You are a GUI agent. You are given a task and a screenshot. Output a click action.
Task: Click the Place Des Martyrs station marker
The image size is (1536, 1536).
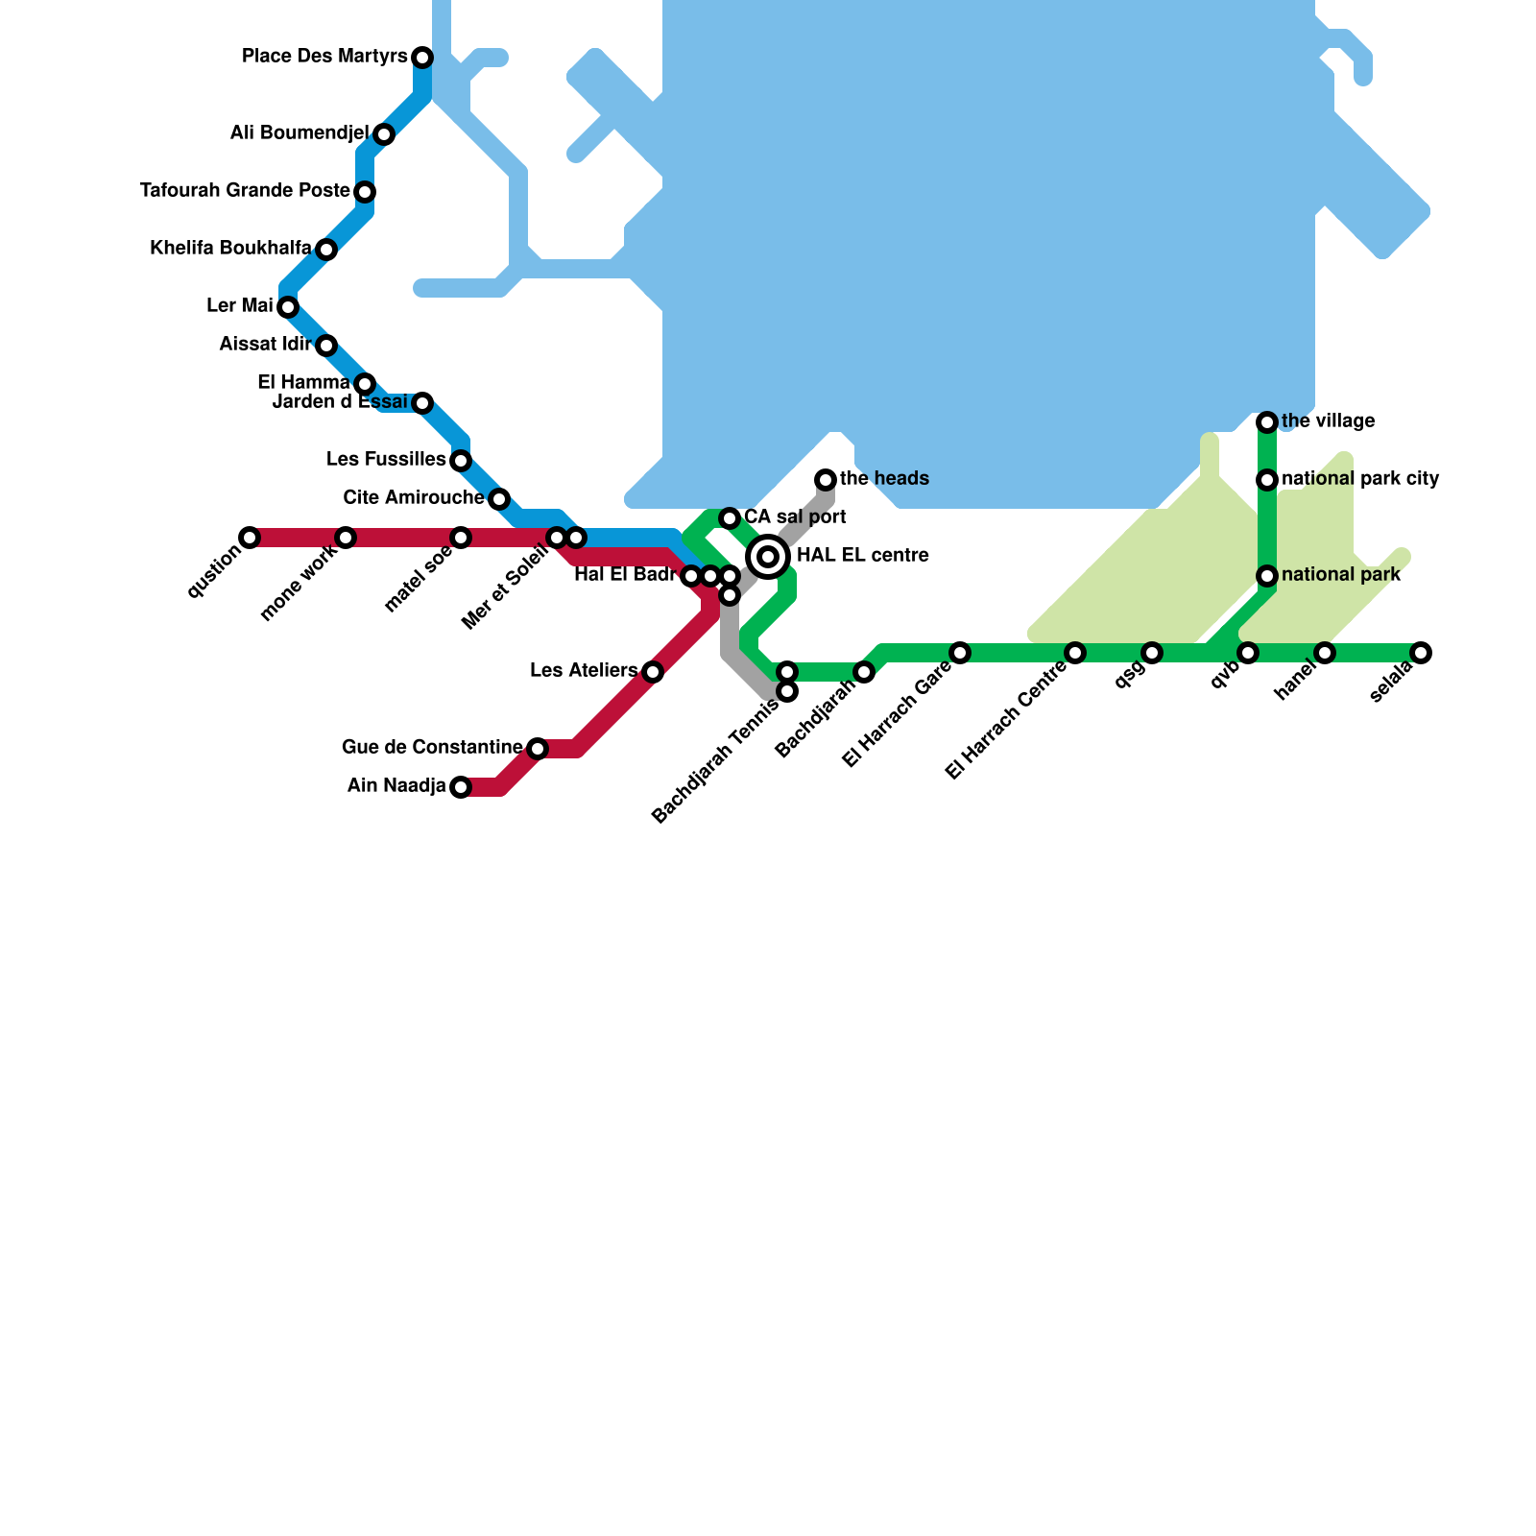(x=422, y=58)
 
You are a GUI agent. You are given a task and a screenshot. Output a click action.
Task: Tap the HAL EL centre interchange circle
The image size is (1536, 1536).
(x=768, y=556)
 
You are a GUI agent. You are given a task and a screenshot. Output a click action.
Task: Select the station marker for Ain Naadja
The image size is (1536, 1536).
(x=461, y=787)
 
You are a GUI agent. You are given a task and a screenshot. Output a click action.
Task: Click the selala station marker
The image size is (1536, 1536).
(x=1421, y=653)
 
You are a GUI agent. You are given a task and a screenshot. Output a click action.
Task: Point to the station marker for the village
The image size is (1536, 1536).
(x=1267, y=422)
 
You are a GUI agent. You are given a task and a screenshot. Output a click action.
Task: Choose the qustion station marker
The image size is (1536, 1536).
(x=250, y=538)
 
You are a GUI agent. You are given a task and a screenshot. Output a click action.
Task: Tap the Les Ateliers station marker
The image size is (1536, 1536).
(x=653, y=672)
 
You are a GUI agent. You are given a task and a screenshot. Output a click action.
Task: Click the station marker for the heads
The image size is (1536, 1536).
(x=826, y=480)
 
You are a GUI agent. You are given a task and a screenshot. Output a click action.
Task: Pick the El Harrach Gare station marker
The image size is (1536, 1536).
(x=960, y=653)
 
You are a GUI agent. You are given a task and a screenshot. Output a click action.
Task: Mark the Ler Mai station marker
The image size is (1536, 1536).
(x=288, y=307)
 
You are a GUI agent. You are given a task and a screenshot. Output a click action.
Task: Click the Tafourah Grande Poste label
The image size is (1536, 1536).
(x=245, y=191)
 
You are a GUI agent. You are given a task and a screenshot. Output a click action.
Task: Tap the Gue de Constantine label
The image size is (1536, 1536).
(x=432, y=747)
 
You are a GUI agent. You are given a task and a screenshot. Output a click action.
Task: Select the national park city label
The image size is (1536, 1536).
(x=1360, y=479)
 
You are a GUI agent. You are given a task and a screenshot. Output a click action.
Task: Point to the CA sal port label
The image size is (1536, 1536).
(x=795, y=517)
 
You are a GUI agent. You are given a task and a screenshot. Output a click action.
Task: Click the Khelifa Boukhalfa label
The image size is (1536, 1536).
(x=230, y=249)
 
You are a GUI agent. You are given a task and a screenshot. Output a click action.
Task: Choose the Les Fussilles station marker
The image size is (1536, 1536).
(x=461, y=461)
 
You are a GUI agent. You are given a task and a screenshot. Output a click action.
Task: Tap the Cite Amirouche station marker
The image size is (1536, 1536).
(x=499, y=499)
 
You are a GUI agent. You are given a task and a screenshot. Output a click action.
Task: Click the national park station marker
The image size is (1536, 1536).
(x=1267, y=576)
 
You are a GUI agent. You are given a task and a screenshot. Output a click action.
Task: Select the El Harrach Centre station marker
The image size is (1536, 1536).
(x=1075, y=653)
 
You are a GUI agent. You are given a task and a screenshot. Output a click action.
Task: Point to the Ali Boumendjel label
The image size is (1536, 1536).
(x=300, y=133)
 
